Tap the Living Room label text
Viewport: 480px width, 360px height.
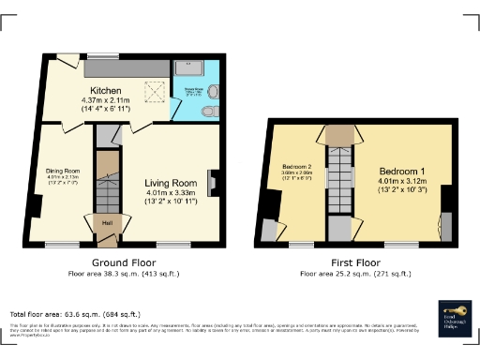coord(170,183)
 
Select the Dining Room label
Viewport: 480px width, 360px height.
coord(64,171)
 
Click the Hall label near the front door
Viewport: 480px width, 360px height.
coord(107,222)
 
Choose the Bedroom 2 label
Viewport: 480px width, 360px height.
coord(295,164)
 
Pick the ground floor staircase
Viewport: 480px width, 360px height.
coord(108,183)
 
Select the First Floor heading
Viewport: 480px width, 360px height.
coord(354,262)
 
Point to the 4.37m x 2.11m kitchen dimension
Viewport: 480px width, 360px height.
coord(108,100)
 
